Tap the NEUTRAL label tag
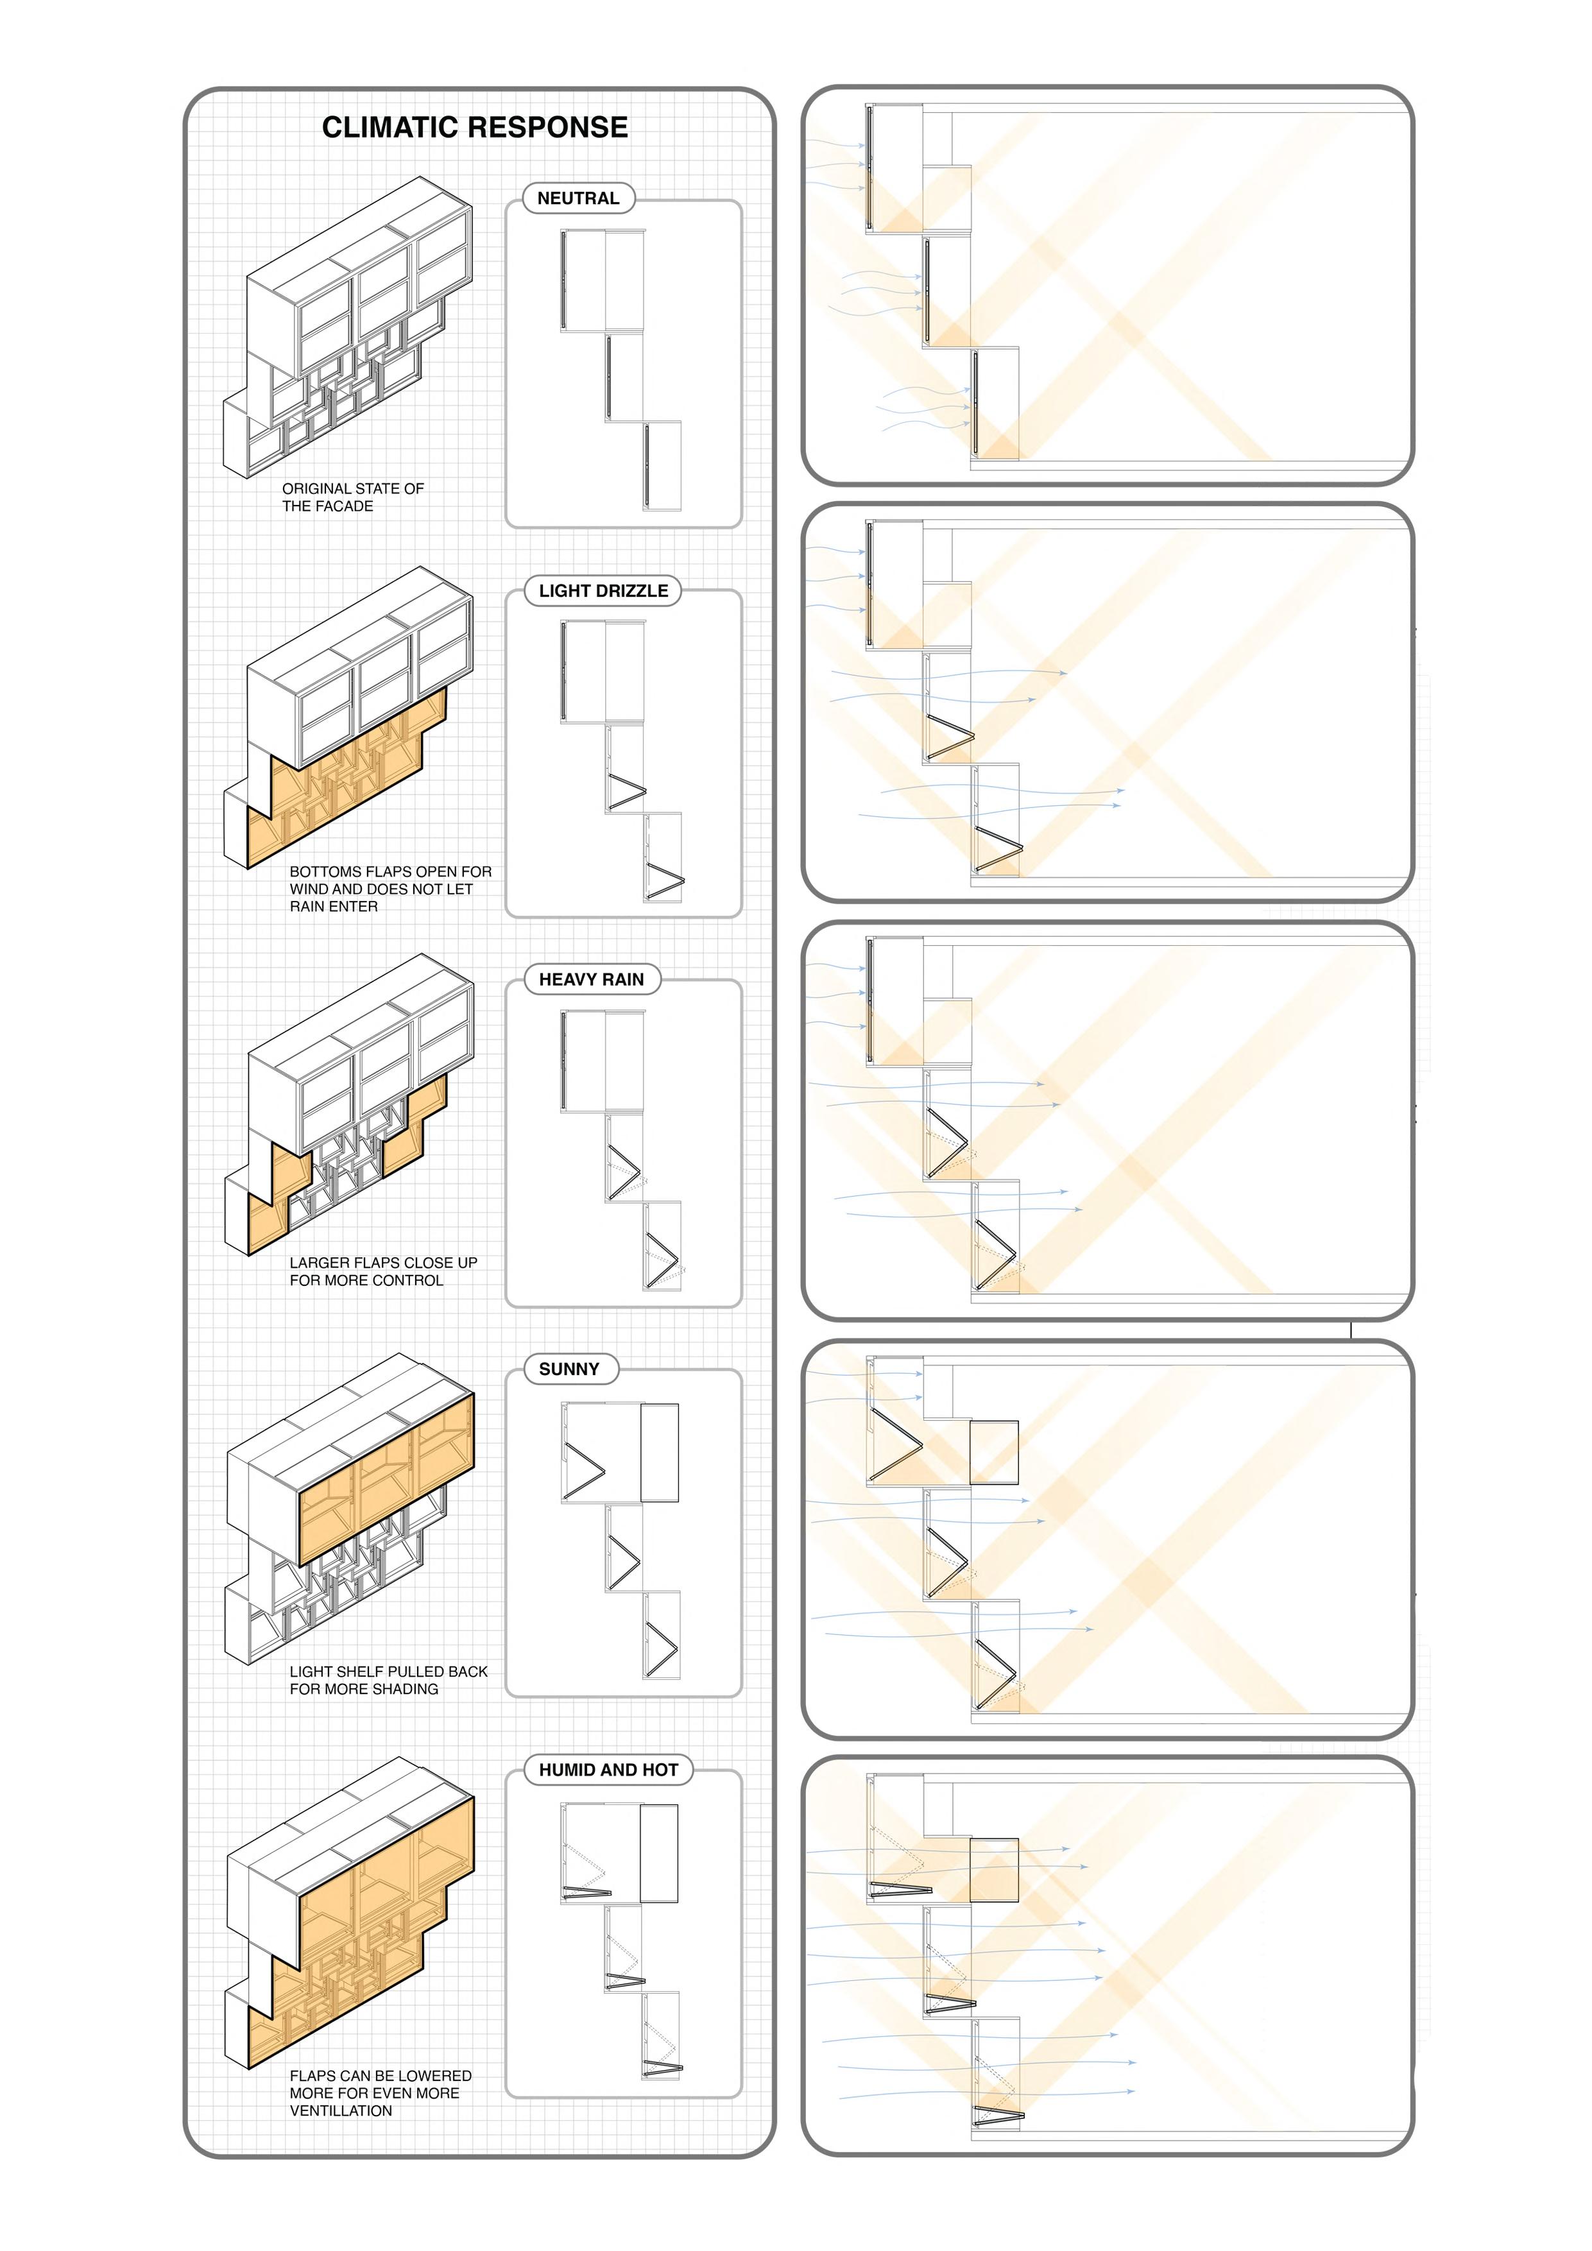point(578,198)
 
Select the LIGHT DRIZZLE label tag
point(603,590)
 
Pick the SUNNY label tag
point(570,1369)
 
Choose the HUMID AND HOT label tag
point(609,1770)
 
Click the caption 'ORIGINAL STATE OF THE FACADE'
point(353,497)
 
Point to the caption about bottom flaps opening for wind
point(390,888)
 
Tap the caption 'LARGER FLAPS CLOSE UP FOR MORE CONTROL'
point(383,1272)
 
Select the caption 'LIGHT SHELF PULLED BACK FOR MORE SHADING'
point(388,1679)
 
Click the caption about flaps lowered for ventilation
point(381,2093)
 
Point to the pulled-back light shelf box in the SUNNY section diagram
point(659,1453)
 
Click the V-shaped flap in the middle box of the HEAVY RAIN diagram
point(624,1172)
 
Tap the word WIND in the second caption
point(312,888)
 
